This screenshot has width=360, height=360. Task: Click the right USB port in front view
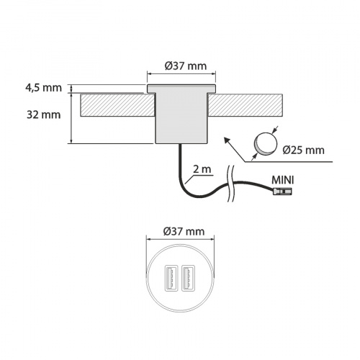(189, 277)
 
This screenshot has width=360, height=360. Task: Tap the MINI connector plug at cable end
(282, 192)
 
